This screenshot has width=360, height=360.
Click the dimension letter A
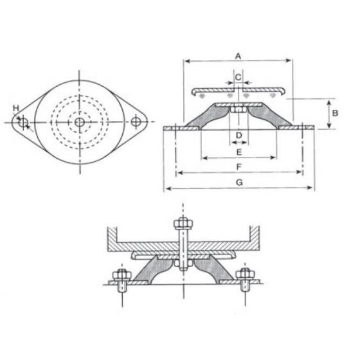tap(238, 56)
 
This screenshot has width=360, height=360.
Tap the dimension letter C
tap(238, 77)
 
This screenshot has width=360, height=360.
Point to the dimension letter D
tap(238, 135)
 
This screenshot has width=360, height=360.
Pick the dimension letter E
tap(239, 152)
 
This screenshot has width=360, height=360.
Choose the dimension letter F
tap(239, 167)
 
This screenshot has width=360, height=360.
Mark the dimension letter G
tap(239, 183)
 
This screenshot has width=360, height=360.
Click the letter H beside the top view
tap(16, 108)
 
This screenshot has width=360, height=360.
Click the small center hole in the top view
tap(79, 122)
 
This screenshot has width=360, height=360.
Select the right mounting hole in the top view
tap(135, 122)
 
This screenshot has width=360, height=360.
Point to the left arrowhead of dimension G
tap(168, 188)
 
